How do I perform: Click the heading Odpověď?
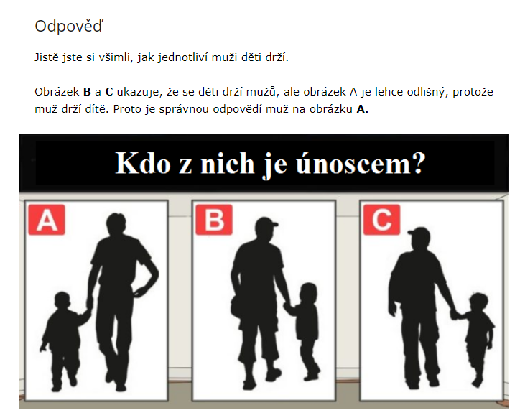click(69, 26)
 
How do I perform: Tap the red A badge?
click(47, 220)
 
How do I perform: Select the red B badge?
click(214, 220)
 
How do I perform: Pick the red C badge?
click(381, 220)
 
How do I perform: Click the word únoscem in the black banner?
click(361, 163)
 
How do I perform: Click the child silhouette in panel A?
click(65, 340)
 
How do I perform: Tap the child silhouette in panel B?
click(306, 332)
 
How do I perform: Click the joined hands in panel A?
click(88, 312)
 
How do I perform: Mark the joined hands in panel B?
click(288, 307)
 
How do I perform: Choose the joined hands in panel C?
click(455, 313)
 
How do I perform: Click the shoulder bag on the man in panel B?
click(237, 307)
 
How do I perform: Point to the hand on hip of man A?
click(140, 291)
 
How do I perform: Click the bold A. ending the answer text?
click(362, 109)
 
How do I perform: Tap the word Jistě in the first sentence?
click(47, 57)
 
